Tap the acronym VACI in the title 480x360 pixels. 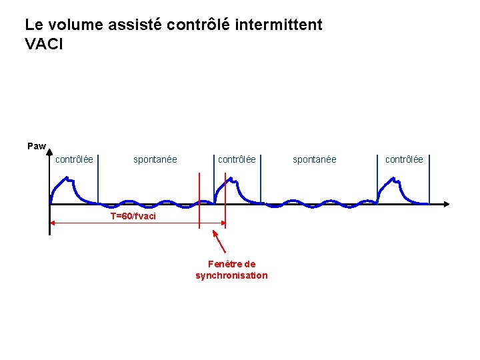(x=44, y=45)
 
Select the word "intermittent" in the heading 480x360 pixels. (x=279, y=25)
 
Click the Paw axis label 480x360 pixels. (x=36, y=146)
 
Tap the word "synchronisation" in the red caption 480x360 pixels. (x=231, y=275)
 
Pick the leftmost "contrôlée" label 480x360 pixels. (x=74, y=159)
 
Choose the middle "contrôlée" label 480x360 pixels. (x=237, y=159)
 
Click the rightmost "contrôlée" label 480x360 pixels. (x=404, y=159)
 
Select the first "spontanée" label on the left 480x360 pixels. (x=155, y=159)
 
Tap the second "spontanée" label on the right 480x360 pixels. (x=315, y=159)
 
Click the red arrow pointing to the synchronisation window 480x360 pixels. (x=218, y=241)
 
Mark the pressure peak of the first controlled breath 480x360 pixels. (x=65, y=178)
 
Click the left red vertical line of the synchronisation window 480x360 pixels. (x=199, y=200)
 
